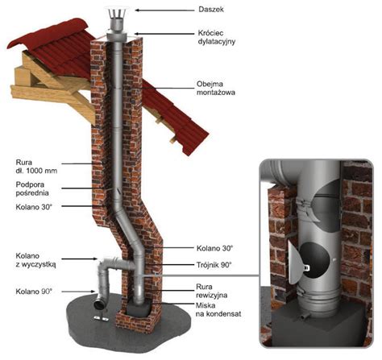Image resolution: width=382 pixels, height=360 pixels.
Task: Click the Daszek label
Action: [211, 10]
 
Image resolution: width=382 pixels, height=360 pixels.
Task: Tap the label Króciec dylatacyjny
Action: [217, 37]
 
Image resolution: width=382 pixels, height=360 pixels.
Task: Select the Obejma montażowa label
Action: [216, 89]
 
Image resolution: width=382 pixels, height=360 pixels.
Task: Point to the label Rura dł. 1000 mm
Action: [36, 167]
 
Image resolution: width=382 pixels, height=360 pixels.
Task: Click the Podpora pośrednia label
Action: [32, 188]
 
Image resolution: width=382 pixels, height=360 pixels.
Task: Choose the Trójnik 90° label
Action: [214, 265]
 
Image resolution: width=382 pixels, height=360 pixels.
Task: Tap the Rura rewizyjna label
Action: [212, 291]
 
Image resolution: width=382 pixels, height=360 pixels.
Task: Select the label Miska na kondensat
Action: [218, 309]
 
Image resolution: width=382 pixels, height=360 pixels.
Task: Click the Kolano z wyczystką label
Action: [35, 260]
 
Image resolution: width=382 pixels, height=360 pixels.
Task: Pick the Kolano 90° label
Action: [34, 292]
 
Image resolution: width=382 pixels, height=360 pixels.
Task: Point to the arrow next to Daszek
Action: [164, 10]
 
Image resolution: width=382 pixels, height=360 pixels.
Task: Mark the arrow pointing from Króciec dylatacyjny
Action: [164, 34]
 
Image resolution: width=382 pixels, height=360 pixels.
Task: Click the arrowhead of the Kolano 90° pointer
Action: [93, 292]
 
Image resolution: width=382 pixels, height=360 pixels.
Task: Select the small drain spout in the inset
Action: [305, 317]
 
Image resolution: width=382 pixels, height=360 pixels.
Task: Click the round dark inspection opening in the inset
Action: [314, 260]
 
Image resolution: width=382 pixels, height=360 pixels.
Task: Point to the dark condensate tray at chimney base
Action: [138, 308]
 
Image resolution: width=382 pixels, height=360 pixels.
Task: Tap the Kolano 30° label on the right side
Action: [214, 248]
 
